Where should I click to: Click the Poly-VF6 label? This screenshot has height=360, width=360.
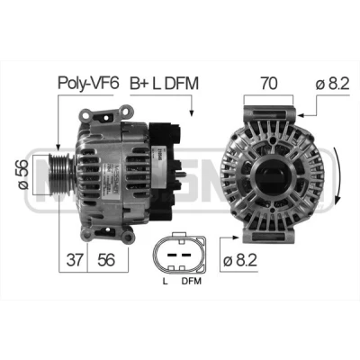click(88, 83)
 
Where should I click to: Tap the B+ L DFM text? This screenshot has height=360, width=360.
click(164, 83)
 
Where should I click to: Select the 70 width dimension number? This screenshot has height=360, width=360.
click(269, 83)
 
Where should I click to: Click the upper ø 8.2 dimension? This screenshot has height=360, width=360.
click(332, 84)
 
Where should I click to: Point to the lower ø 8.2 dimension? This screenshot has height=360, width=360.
click(240, 260)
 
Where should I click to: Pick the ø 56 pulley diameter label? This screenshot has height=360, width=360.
click(23, 175)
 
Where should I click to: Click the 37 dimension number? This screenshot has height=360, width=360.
click(74, 259)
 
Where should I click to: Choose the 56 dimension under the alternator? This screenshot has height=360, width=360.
click(106, 259)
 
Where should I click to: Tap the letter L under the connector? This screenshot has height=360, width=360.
click(165, 282)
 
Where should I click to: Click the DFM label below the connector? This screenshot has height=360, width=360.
click(192, 282)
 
